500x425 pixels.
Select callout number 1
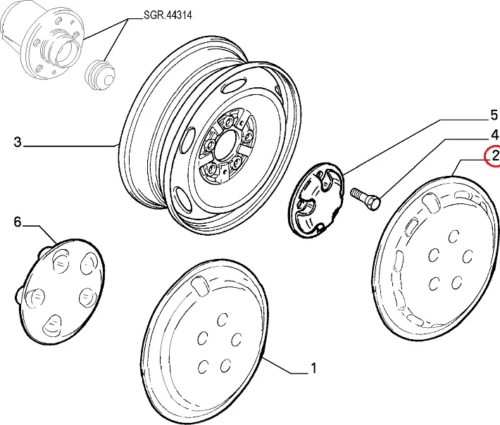[313, 368]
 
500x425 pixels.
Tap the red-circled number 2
[494, 156]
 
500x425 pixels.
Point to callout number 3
[17, 143]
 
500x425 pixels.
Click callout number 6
[18, 223]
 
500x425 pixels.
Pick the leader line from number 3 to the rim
[70, 145]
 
